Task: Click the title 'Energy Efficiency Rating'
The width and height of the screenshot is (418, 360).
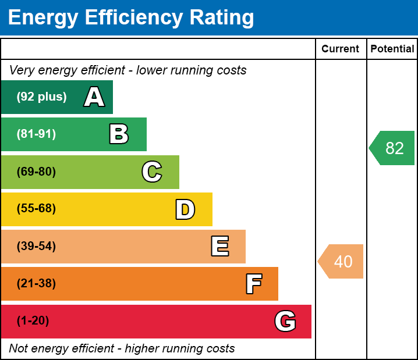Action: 131,18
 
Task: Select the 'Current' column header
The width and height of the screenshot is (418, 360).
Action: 341,49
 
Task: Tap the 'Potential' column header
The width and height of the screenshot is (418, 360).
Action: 392,49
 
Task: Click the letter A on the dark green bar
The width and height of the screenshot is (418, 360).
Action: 94,97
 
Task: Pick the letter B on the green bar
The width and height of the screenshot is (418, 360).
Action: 119,134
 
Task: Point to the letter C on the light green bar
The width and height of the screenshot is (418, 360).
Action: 151,172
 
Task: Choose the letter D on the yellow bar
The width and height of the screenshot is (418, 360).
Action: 185,209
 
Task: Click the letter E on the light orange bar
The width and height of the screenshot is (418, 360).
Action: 219,247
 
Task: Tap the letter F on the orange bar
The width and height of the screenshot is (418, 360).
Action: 253,284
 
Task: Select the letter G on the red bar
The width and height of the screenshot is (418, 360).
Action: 285,321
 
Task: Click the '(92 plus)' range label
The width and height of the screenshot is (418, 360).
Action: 41,97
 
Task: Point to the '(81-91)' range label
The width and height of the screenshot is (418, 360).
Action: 36,134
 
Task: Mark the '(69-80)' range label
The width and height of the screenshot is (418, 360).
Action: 36,172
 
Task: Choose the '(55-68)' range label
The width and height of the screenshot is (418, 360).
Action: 36,209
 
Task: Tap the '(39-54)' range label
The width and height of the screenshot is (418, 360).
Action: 36,247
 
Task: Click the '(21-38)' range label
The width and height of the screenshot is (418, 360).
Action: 36,284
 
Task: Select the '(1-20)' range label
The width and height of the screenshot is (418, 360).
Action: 33,321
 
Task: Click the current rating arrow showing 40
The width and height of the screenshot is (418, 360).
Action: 342,262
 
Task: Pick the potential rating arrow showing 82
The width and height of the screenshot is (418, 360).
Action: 393,148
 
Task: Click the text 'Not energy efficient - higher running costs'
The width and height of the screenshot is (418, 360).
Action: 122,349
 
